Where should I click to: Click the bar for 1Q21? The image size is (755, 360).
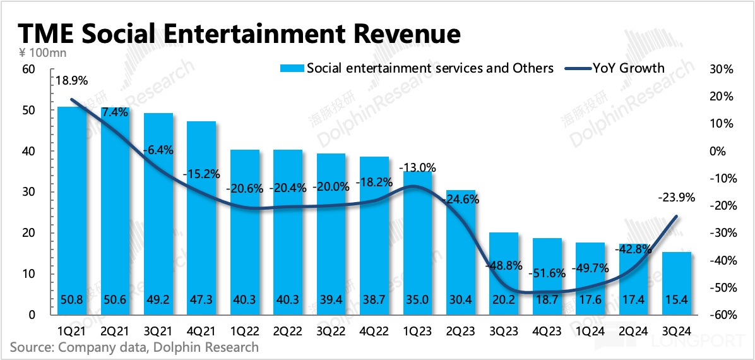tap(72, 208)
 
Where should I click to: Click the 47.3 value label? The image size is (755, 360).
tap(201, 301)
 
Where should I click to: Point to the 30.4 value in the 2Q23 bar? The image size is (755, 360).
tap(460, 301)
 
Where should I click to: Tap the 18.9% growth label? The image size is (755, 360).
tap(71, 81)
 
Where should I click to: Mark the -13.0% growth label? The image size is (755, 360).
tap(417, 167)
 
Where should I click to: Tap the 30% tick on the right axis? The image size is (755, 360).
tap(721, 69)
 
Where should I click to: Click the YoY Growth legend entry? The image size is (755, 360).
tap(628, 68)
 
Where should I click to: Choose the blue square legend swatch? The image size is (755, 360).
tap(291, 68)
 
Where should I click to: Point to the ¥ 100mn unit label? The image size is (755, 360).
tap(39, 52)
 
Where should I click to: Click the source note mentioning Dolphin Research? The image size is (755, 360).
tap(134, 347)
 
